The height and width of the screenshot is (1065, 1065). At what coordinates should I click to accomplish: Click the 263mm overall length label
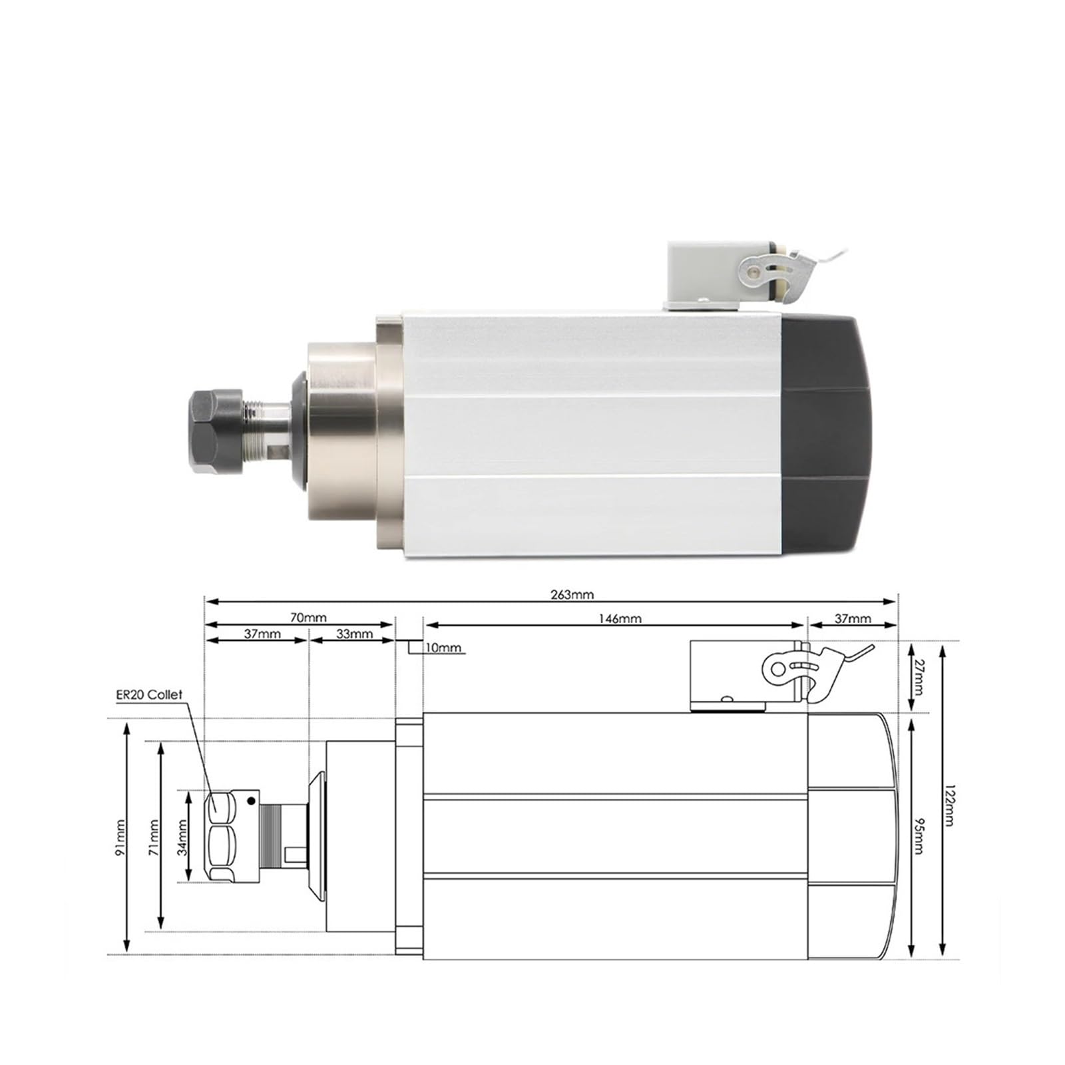[572, 594]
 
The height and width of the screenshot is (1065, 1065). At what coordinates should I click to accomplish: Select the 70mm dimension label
[308, 618]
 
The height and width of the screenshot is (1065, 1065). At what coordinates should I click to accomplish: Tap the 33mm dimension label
[354, 634]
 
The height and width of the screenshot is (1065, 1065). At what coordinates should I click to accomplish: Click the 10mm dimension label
[443, 648]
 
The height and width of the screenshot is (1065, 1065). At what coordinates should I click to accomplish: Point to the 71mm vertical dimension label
[153, 837]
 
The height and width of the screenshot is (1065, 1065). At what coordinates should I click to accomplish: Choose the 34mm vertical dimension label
[182, 837]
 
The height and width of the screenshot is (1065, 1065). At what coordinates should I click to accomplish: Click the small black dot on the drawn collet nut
[251, 801]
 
